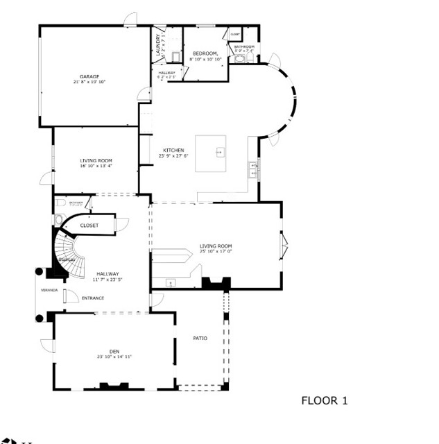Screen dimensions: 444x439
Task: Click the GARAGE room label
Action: pyautogui.click(x=88, y=76)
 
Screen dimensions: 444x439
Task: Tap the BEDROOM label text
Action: pyautogui.click(x=205, y=53)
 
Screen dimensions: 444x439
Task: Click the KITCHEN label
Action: pyautogui.click(x=173, y=151)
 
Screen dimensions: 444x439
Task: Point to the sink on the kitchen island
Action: pyautogui.click(x=220, y=151)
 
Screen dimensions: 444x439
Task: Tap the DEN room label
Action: pyautogui.click(x=114, y=352)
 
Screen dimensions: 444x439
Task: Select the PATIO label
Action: pyautogui.click(x=200, y=339)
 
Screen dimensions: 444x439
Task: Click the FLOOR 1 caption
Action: pyautogui.click(x=324, y=400)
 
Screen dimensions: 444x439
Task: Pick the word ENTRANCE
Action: pyautogui.click(x=93, y=298)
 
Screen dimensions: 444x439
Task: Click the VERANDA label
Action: pyautogui.click(x=49, y=290)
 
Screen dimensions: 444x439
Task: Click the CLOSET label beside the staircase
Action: pyautogui.click(x=89, y=225)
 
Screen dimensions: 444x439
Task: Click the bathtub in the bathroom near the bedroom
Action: pyautogui.click(x=240, y=60)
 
